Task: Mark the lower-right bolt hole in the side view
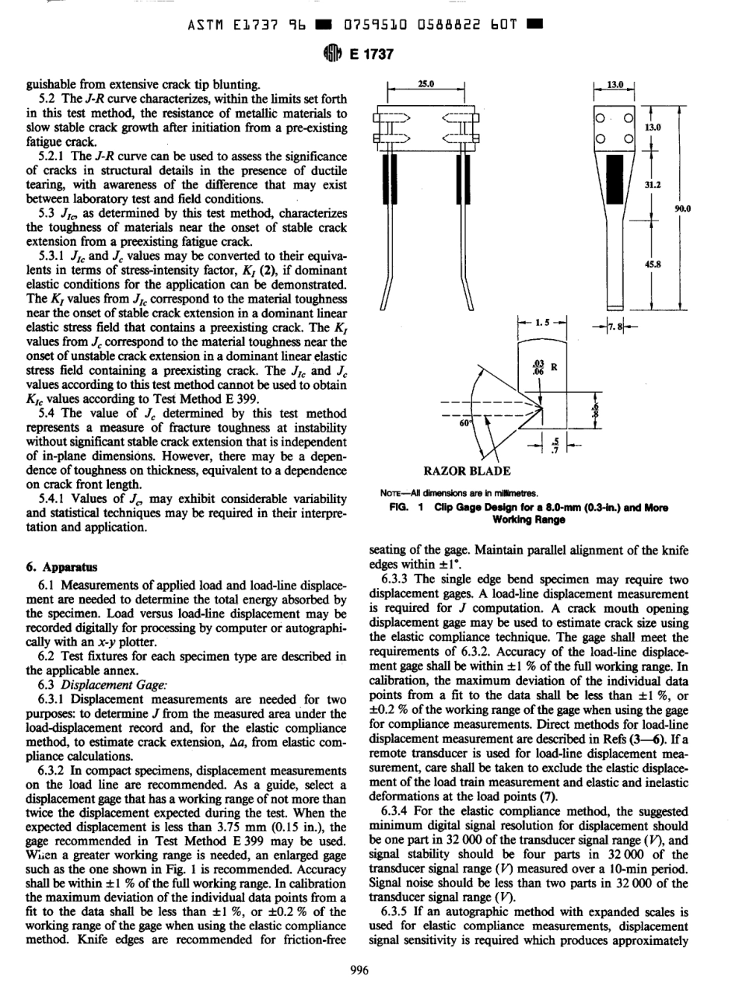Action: [627, 138]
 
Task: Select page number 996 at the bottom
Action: [369, 968]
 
